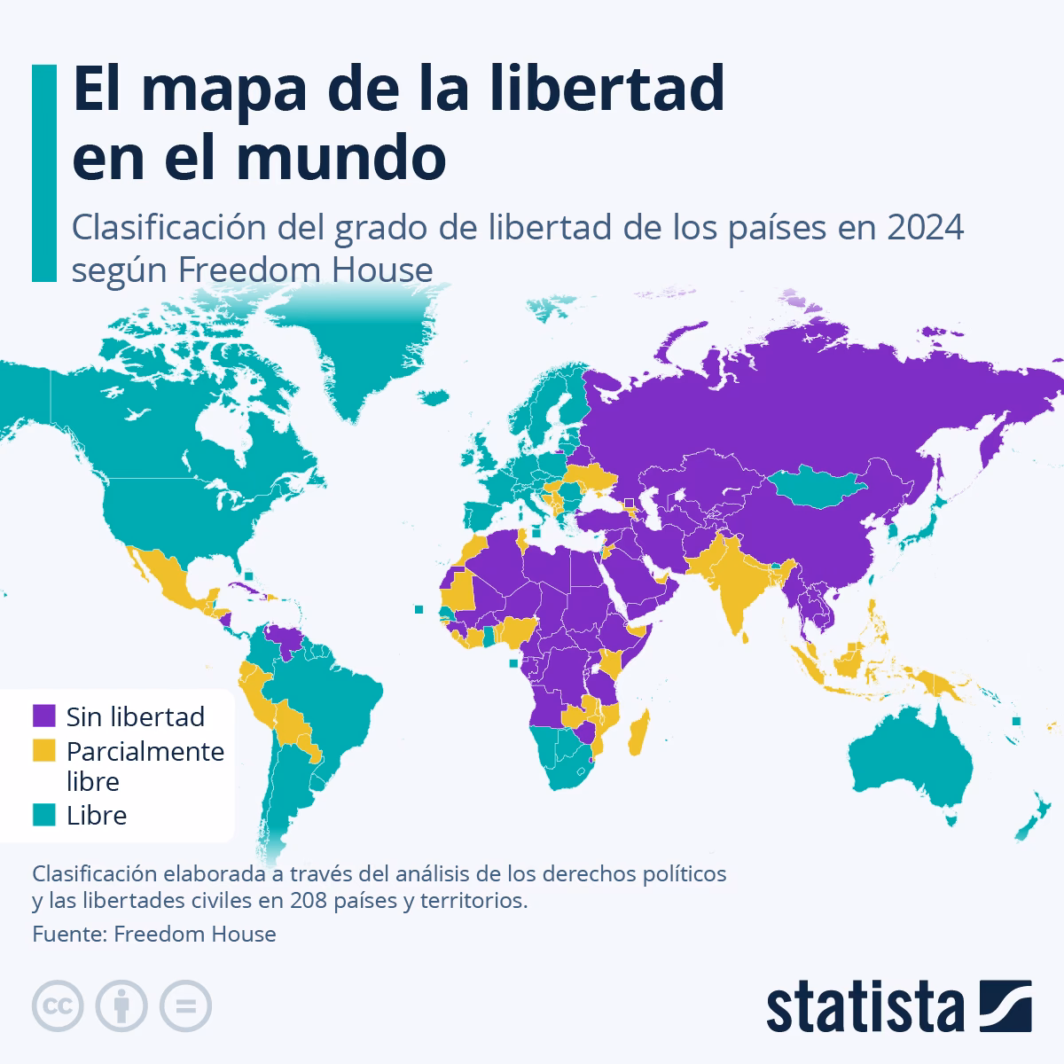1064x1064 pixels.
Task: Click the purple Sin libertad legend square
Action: pyautogui.click(x=44, y=716)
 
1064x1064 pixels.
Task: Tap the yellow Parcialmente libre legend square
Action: pyautogui.click(x=44, y=750)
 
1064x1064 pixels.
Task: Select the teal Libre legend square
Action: pyautogui.click(x=44, y=815)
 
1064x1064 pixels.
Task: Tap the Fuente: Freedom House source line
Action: pyautogui.click(x=154, y=934)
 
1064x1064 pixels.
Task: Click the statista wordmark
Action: pyautogui.click(x=865, y=1007)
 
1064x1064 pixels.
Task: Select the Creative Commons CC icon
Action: pyautogui.click(x=58, y=1006)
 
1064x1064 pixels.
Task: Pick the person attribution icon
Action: pyautogui.click(x=121, y=1006)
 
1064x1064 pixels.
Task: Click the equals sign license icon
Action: pyautogui.click(x=185, y=1006)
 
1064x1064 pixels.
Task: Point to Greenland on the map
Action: pyautogui.click(x=355, y=355)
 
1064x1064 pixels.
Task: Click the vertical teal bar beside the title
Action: pyautogui.click(x=43, y=173)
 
